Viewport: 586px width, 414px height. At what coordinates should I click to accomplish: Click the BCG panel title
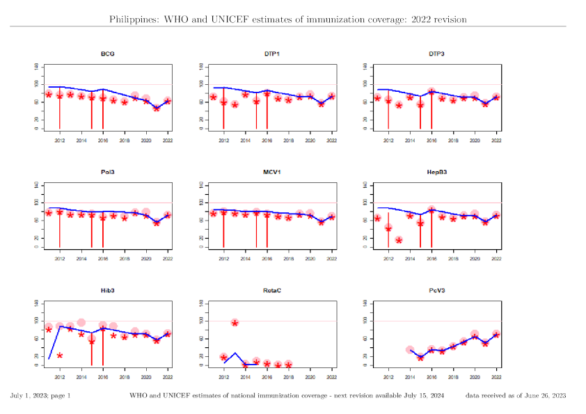(x=108, y=54)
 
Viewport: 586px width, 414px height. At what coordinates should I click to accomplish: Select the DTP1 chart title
(x=272, y=54)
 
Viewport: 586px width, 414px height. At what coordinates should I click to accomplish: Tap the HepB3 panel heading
(x=436, y=172)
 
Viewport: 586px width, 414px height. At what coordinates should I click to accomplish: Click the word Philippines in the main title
(x=133, y=19)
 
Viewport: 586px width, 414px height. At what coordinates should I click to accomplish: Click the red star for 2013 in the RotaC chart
(x=235, y=323)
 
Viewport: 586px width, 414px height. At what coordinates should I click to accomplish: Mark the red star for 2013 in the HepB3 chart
(x=399, y=240)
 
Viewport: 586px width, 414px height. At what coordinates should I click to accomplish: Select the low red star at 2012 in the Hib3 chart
(x=60, y=356)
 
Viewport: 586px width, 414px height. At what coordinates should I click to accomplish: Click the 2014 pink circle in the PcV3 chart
(x=410, y=350)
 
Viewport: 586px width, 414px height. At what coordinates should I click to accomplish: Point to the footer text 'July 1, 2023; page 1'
(x=40, y=396)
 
